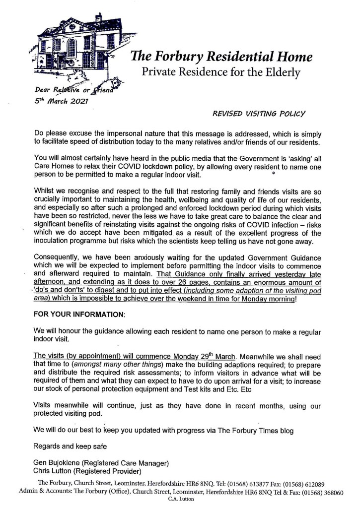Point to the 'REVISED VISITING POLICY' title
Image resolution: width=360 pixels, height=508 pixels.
click(x=259, y=113)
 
